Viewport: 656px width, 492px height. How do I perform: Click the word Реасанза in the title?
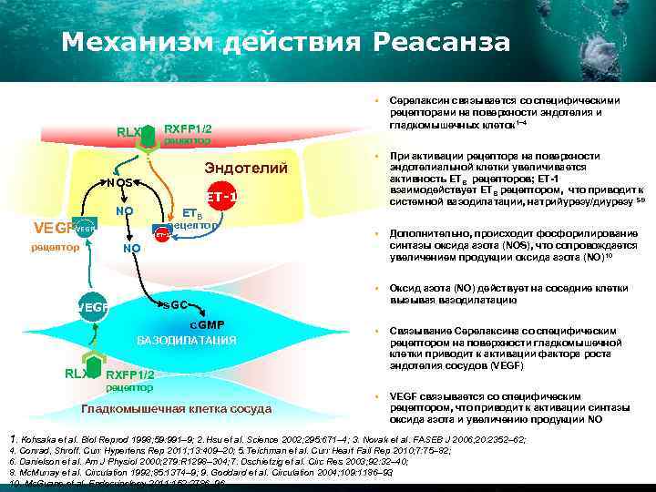click(x=440, y=42)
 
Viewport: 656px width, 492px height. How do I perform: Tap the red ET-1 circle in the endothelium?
click(x=221, y=197)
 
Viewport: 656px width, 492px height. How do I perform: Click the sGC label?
click(x=174, y=303)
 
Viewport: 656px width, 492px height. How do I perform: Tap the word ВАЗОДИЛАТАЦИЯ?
click(x=186, y=341)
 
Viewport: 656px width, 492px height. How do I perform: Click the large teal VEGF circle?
click(x=94, y=308)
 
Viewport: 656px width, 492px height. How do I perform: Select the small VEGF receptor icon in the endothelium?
click(x=85, y=230)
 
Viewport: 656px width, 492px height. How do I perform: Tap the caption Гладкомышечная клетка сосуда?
click(x=177, y=408)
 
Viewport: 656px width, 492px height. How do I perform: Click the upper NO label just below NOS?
click(x=125, y=212)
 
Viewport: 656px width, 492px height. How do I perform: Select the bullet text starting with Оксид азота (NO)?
click(x=508, y=293)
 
